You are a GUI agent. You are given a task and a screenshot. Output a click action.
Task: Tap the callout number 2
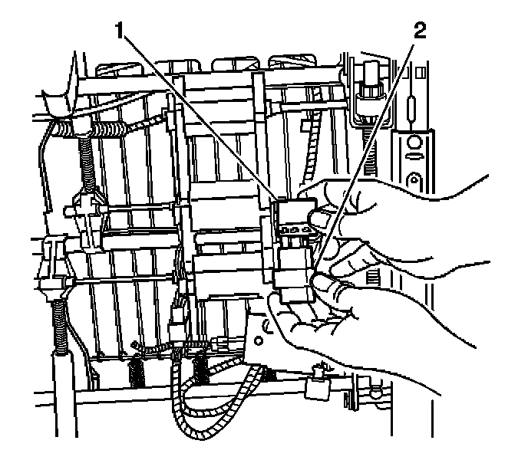tap(418, 33)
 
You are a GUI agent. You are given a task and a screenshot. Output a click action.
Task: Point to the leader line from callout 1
tap(200, 116)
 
